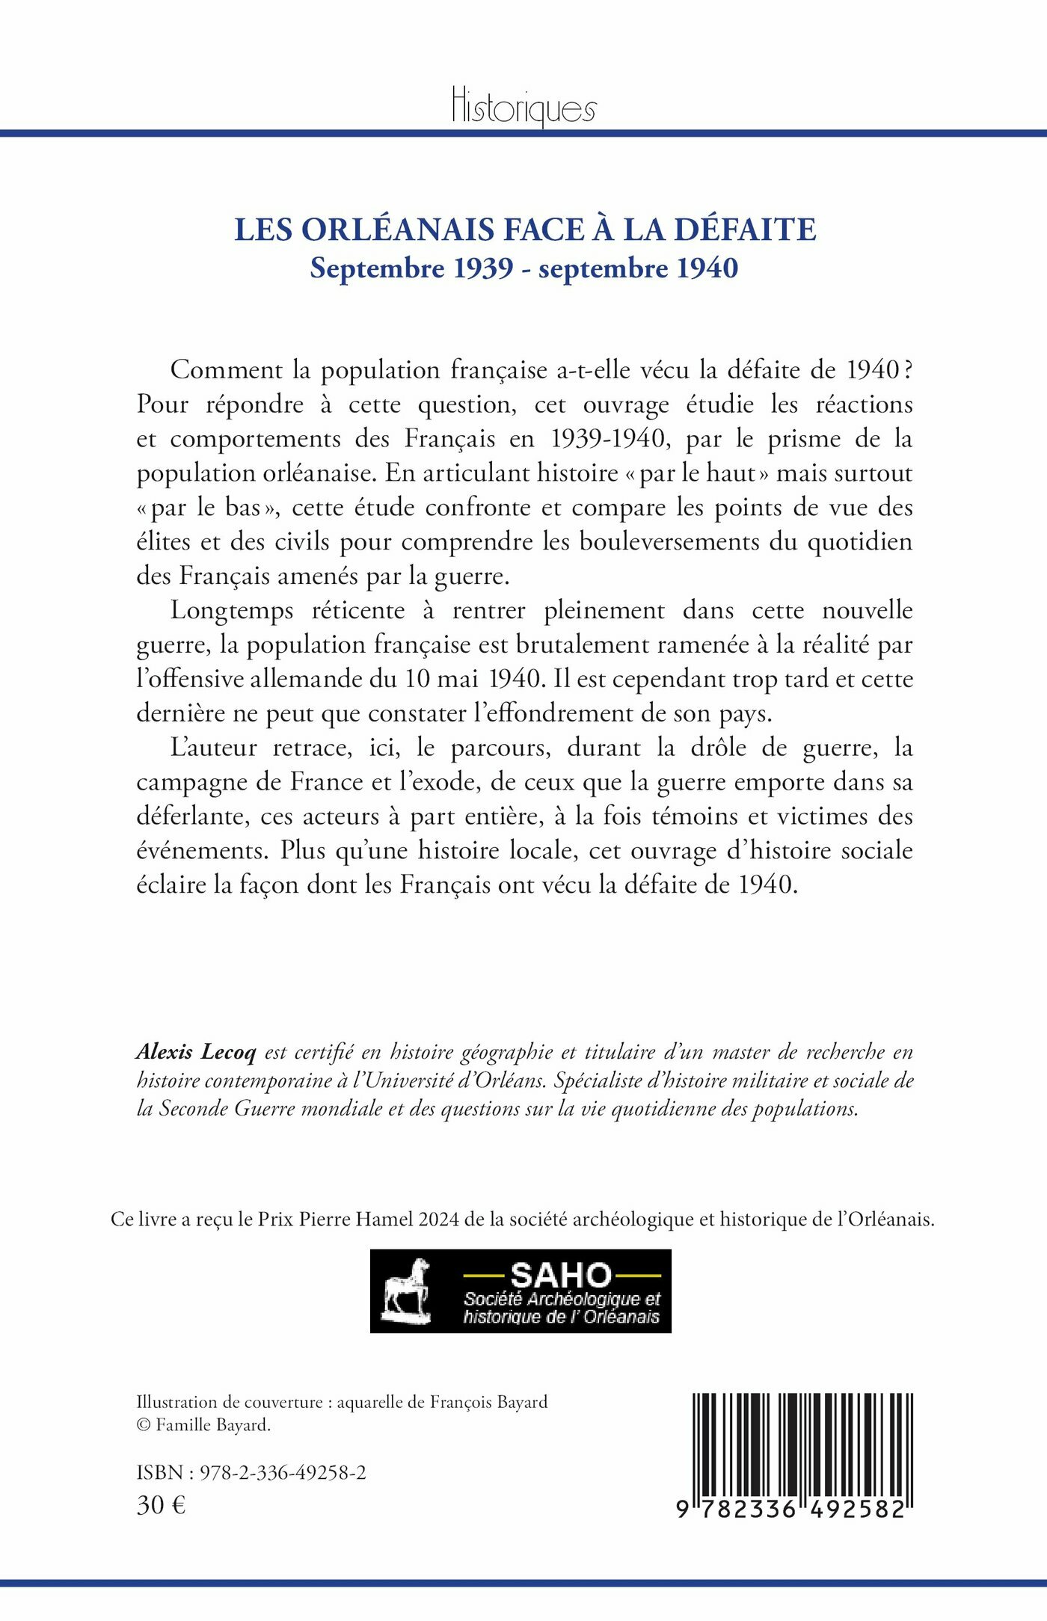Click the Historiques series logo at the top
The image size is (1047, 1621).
tap(523, 107)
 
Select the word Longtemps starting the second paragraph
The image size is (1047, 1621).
tap(232, 611)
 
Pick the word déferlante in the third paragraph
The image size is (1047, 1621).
tap(192, 817)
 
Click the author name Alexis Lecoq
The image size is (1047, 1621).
tap(196, 1053)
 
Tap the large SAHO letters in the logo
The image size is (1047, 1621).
tap(561, 1274)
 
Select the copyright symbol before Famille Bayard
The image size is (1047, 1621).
tap(144, 1426)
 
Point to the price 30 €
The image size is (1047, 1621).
tap(161, 1505)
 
